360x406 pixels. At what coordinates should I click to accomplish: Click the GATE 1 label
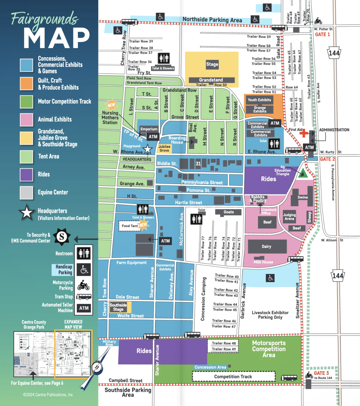[322, 34]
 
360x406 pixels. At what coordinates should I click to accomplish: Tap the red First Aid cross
[304, 133]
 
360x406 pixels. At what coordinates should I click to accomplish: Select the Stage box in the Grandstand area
[212, 64]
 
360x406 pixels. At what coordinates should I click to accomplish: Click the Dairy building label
[267, 246]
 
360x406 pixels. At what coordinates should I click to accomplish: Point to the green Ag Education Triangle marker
[303, 173]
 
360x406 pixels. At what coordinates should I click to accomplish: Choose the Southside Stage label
[118, 307]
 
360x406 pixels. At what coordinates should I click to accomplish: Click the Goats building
[229, 212]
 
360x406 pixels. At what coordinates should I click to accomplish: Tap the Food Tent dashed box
[130, 226]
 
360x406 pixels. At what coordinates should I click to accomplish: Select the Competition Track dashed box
[233, 377]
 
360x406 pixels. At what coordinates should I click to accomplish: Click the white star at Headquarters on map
[147, 149]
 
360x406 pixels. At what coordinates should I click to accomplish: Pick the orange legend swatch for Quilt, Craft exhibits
[26, 84]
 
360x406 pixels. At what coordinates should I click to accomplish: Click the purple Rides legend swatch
[26, 174]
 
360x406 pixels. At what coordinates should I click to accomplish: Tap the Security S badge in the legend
[62, 237]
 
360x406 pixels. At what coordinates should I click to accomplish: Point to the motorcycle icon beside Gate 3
[309, 375]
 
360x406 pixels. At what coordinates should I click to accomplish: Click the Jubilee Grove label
[165, 148]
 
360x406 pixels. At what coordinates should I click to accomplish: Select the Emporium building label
[149, 129]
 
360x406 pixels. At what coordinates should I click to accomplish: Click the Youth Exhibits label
[259, 100]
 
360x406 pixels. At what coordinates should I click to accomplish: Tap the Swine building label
[303, 197]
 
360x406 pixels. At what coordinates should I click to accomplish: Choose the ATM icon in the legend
[84, 308]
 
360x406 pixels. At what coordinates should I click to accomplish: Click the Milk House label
[263, 262]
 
